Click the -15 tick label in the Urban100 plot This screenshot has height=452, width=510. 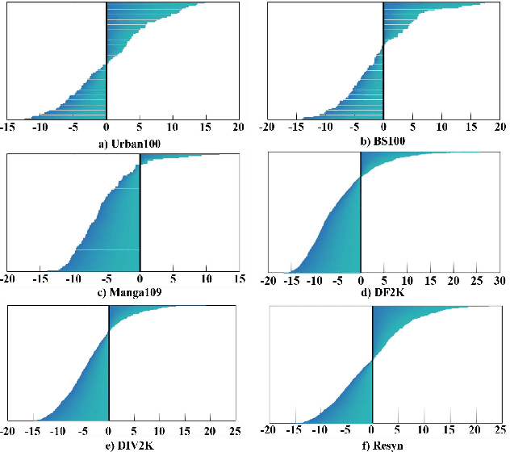pyautogui.click(x=7, y=128)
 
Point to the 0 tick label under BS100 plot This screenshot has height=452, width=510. pyautogui.click(x=383, y=128)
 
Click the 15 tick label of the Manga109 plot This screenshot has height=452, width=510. pyautogui.click(x=238, y=278)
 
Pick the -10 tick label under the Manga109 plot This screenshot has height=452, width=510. pyautogui.click(x=73, y=278)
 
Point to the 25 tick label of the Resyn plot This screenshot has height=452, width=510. pyautogui.click(x=499, y=430)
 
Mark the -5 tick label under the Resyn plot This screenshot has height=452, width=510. pyautogui.click(x=346, y=430)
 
